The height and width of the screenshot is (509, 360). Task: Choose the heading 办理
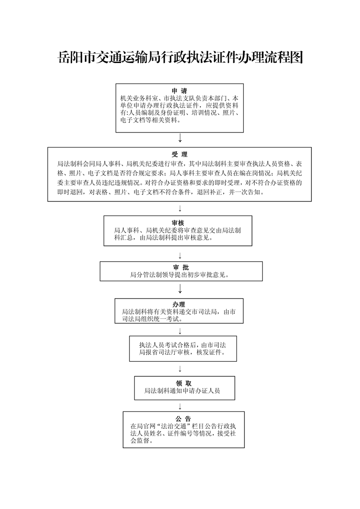point(178,304)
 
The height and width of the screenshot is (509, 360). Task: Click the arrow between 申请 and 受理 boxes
point(180,138)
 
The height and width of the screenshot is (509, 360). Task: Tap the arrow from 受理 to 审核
point(180,208)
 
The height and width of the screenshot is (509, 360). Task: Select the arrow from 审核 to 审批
point(180,255)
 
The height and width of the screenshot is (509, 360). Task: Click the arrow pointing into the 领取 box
point(180,368)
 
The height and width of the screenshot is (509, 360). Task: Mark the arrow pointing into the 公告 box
point(180,406)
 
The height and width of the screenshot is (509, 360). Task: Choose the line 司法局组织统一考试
point(152,319)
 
